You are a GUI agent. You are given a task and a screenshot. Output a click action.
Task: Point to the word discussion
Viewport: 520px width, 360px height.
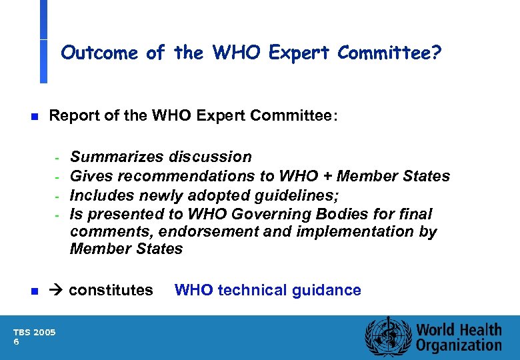[210, 157]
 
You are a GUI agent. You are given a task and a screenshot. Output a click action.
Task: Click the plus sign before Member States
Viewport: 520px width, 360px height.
[328, 176]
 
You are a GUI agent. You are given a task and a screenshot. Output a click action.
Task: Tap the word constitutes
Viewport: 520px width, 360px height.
[111, 291]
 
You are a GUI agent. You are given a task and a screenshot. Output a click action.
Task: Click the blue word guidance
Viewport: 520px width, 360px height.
[326, 290]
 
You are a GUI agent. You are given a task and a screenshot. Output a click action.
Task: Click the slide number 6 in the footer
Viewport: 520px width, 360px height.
[17, 341]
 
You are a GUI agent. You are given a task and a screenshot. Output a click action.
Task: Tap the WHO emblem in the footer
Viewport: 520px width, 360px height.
[386, 337]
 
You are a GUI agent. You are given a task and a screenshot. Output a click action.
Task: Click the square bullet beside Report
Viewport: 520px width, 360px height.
[34, 117]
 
